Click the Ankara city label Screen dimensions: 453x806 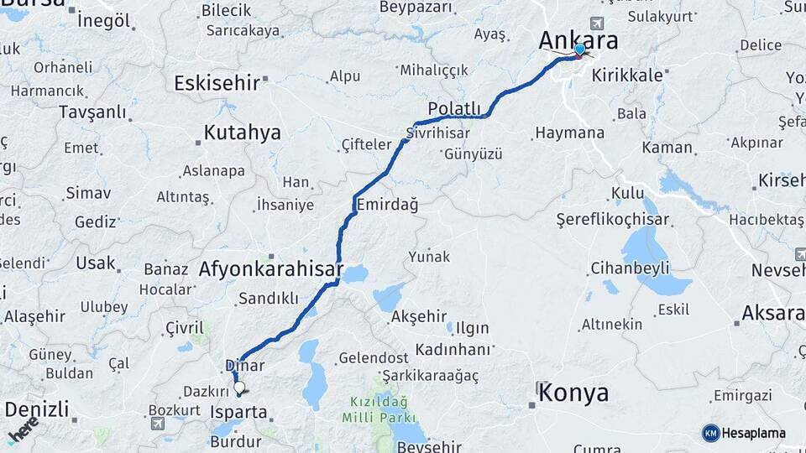click(x=578, y=40)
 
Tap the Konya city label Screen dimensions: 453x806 click(x=573, y=392)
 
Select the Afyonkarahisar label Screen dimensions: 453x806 click(x=270, y=269)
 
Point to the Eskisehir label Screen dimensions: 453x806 click(x=217, y=82)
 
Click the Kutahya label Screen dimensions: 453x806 click(x=242, y=133)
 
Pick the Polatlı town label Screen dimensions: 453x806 click(x=454, y=108)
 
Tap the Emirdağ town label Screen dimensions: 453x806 click(x=387, y=205)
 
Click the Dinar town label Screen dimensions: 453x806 click(x=245, y=366)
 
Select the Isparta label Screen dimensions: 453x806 click(x=239, y=412)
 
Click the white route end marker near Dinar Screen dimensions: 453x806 click(x=239, y=388)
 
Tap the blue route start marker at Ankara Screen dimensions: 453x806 click(x=579, y=49)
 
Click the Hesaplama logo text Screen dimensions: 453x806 click(x=752, y=433)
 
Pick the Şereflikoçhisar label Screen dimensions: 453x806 click(x=613, y=219)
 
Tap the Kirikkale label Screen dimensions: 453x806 click(x=627, y=75)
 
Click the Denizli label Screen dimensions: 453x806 click(x=36, y=410)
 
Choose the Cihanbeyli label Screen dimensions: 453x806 click(x=630, y=268)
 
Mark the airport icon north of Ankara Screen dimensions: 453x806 click(x=597, y=23)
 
